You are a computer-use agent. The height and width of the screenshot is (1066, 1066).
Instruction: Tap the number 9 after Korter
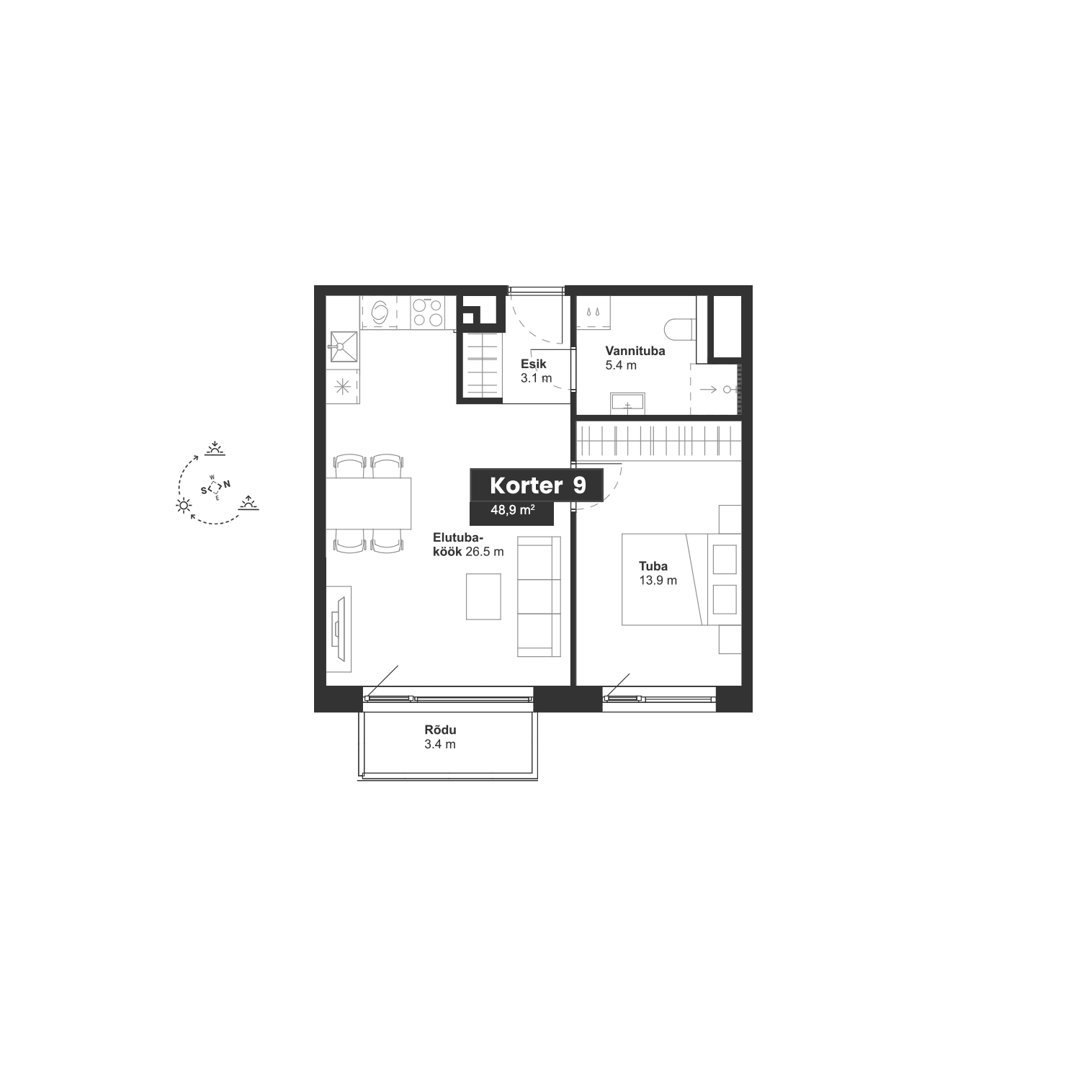tap(580, 485)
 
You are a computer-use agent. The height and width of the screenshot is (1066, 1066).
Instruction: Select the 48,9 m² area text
tap(512, 510)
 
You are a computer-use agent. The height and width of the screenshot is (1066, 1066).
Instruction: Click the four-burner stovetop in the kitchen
tap(427, 313)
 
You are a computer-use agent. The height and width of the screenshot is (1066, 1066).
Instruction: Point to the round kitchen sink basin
tap(379, 312)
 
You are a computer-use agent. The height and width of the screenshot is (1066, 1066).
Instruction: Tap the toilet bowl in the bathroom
tap(679, 330)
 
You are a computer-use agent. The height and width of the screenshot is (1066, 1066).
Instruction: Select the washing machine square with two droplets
tap(593, 313)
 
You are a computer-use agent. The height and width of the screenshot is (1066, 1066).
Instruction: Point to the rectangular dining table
tap(368, 503)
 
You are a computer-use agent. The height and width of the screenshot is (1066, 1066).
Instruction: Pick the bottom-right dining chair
tap(387, 542)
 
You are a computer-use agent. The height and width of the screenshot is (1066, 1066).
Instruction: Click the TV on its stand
tap(339, 629)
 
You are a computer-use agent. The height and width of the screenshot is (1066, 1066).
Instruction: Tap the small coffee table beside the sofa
tap(483, 596)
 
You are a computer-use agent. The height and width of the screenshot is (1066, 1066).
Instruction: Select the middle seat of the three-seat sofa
tap(539, 596)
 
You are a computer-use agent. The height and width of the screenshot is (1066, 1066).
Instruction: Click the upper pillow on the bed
tap(724, 560)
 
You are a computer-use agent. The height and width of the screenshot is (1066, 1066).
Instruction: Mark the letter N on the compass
tap(227, 485)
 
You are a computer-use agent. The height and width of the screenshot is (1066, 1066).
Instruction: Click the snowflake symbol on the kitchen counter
tap(342, 387)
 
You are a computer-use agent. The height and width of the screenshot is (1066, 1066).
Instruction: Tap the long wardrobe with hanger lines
tap(658, 440)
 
